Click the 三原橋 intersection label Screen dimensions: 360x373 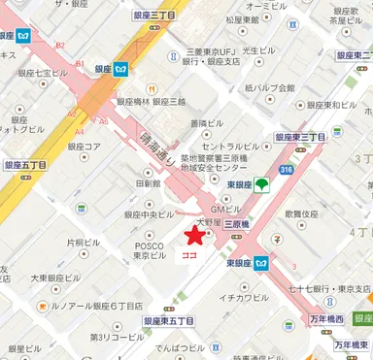[x=239, y=224]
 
